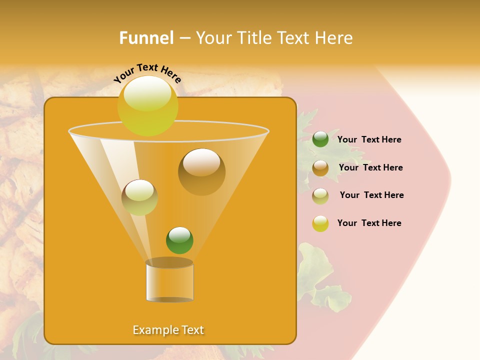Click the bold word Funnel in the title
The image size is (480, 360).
[x=146, y=37]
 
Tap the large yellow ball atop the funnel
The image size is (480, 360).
[x=148, y=105]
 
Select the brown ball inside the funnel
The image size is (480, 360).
[x=201, y=171]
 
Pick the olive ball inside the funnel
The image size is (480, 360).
[x=139, y=197]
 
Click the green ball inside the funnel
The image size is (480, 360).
[x=179, y=240]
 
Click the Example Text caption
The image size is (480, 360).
[x=168, y=330]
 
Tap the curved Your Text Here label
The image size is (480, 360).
[x=147, y=73]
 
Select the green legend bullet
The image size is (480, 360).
[x=320, y=139]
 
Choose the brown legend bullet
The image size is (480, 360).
[x=320, y=168]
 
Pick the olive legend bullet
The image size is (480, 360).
[x=320, y=196]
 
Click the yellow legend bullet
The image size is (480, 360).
[x=320, y=223]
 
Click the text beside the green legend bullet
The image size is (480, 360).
[x=369, y=140]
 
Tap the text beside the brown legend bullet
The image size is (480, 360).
[x=370, y=167]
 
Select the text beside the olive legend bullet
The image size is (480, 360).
[x=371, y=195]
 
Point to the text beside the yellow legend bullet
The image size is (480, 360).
[x=369, y=223]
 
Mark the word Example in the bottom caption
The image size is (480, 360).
[x=152, y=330]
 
